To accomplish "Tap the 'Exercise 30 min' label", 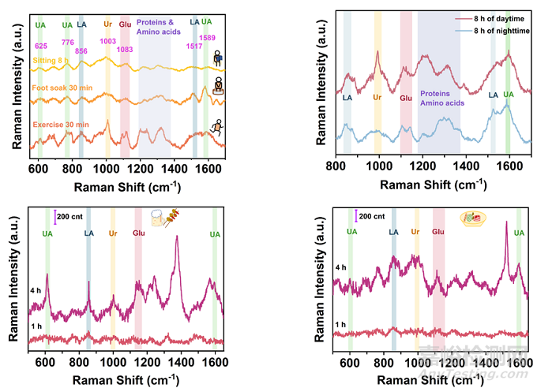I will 60,124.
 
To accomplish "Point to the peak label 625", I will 41,47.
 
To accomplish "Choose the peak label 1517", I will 193,46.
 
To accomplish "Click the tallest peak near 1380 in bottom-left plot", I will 176,237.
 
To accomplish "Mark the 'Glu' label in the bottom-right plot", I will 438,232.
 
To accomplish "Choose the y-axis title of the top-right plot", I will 321,87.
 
